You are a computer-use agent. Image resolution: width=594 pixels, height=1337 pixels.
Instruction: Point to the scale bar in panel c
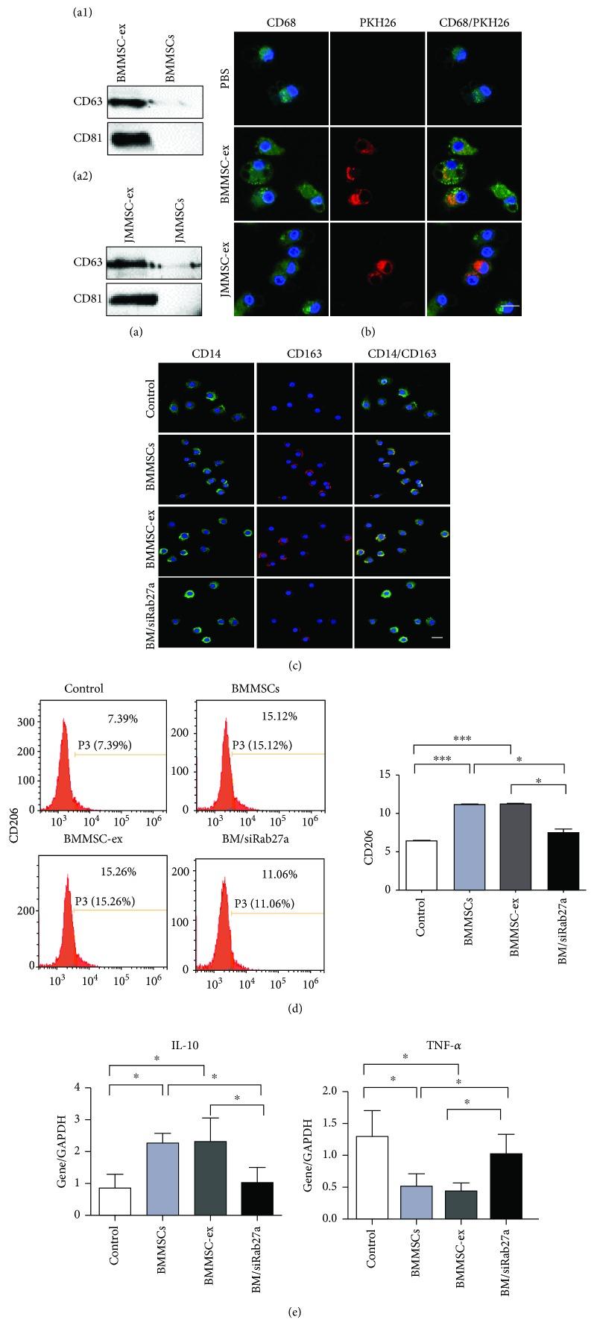[437, 638]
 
